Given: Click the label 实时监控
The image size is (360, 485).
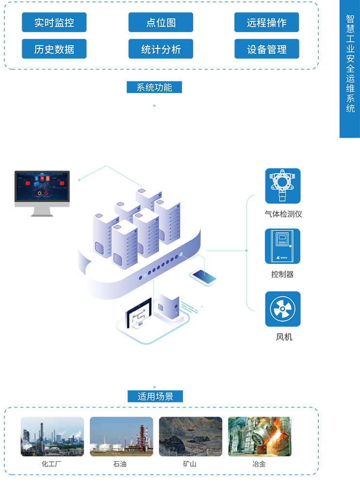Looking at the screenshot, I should (54, 23).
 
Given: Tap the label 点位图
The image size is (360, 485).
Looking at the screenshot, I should (161, 23).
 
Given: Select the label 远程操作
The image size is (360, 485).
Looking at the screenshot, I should (266, 23).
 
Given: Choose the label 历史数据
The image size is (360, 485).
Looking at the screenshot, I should (54, 49).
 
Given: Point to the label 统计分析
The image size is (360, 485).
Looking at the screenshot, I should (161, 49).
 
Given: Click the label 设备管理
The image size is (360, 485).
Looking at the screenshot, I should (266, 49).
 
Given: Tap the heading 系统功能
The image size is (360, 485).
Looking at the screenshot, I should (154, 88).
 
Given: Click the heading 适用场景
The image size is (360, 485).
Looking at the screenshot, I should (155, 397).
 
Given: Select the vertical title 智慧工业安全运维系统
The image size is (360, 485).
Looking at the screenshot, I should (350, 63).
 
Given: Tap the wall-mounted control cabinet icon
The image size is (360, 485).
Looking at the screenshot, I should (282, 246).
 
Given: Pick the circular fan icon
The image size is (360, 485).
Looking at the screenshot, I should (282, 309).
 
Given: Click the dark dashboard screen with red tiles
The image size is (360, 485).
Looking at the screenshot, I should (42, 186).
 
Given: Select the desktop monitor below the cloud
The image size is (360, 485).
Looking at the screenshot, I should (138, 315).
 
